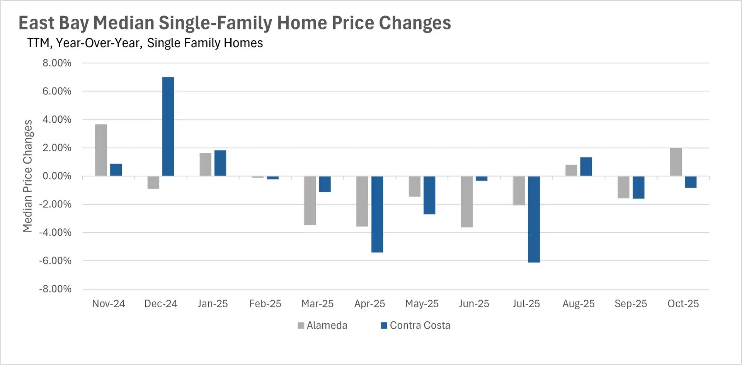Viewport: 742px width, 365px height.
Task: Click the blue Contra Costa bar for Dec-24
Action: click(x=168, y=127)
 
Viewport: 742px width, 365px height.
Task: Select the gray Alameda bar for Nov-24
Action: click(x=101, y=150)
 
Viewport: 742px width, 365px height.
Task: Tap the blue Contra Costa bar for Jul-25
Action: click(x=534, y=219)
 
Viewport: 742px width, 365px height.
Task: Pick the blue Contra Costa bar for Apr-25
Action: click(x=377, y=214)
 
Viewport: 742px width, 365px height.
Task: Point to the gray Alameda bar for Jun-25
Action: click(x=467, y=202)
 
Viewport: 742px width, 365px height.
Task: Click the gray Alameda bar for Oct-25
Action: click(x=676, y=162)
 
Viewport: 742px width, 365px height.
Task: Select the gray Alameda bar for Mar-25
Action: click(x=310, y=200)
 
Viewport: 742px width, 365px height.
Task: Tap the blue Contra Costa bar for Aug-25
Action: click(x=586, y=166)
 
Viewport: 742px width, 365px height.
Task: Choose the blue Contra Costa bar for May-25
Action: click(x=429, y=195)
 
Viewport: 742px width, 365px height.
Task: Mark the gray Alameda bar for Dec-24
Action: click(x=153, y=182)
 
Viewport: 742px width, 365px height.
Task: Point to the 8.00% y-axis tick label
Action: click(x=57, y=63)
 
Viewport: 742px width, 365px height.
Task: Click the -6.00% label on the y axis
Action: click(x=55, y=261)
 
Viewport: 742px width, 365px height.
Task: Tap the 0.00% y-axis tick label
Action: click(x=57, y=176)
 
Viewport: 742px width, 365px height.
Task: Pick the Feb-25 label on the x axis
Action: click(x=265, y=304)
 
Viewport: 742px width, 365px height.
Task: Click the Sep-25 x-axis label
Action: click(x=631, y=304)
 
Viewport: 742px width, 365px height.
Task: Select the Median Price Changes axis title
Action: click(x=27, y=176)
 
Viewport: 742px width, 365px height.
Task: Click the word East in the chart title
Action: click(x=36, y=23)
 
